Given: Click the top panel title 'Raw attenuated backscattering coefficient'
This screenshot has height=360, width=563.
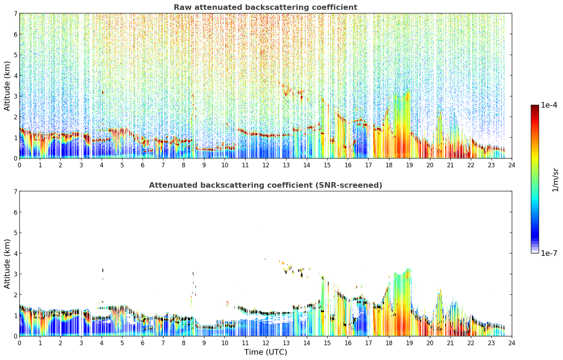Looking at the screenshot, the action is point(265,7).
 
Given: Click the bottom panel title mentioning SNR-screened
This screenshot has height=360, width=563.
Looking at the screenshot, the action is point(265,185).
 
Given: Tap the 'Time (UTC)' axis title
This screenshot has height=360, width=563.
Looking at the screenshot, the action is point(265,352).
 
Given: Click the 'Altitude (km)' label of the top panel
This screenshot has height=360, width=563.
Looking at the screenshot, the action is point(7,86).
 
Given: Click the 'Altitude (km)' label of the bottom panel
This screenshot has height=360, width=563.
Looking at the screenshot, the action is point(7,264).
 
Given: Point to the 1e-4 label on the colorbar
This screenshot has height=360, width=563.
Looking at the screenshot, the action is point(549,105).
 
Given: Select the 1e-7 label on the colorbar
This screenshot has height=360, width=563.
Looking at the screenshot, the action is point(549,253).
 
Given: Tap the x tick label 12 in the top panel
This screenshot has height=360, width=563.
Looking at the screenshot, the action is point(266,165).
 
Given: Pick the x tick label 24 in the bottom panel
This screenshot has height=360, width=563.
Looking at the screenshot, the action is point(512,343).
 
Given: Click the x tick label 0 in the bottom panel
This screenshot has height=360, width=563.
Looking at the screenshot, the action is point(20,343).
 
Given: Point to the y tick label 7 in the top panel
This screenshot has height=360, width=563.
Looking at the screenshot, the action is point(16,13).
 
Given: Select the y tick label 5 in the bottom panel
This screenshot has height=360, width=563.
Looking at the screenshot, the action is point(16,233).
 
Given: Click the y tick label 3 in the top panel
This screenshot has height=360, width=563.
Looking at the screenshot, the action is point(16,96).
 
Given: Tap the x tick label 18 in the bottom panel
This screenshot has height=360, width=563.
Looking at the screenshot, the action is point(389,343).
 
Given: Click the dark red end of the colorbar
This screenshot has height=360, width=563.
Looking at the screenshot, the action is point(535,107).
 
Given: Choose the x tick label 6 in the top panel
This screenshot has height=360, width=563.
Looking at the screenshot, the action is point(143,165).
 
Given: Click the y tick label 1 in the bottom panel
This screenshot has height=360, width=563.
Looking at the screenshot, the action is point(16,316).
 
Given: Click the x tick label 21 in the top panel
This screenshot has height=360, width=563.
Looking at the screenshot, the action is point(450,165).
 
